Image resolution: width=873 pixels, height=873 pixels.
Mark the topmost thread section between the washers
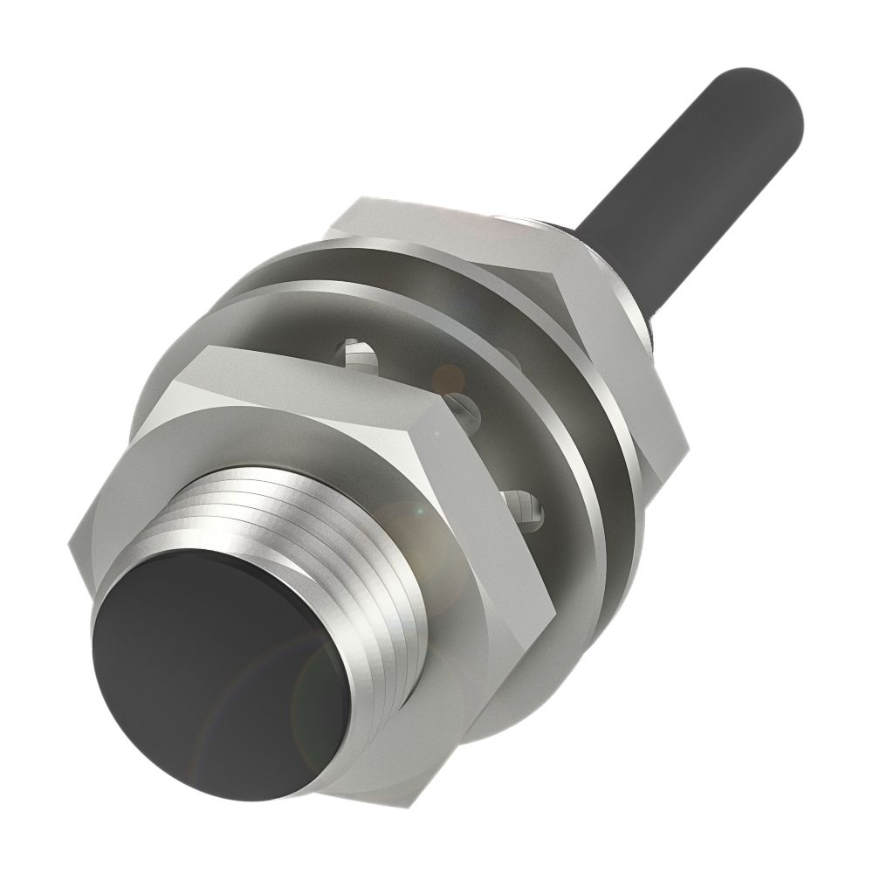pyautogui.click(x=359, y=353)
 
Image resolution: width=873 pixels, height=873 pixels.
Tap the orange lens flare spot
pyautogui.click(x=450, y=376)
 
